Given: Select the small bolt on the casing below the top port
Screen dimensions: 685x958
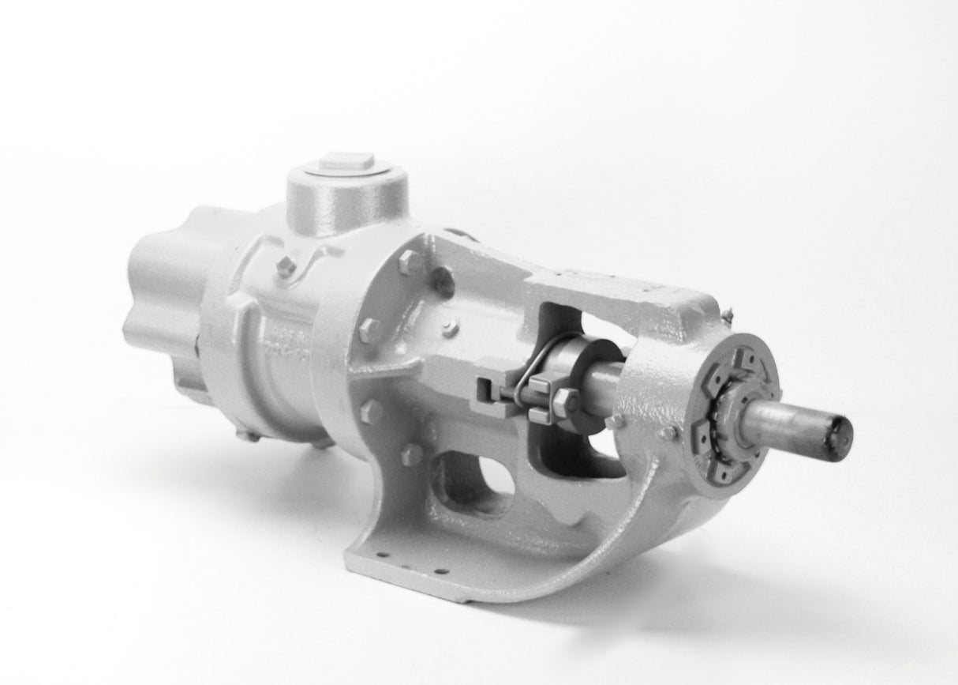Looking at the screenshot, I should pos(286,267).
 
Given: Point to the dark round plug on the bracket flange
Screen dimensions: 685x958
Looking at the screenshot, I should pos(443,281).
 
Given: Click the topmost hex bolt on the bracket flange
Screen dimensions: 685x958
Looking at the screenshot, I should pos(410,262).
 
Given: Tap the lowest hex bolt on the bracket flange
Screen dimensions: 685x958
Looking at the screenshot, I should pos(411,454).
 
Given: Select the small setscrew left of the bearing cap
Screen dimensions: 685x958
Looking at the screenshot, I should pos(670,432).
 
